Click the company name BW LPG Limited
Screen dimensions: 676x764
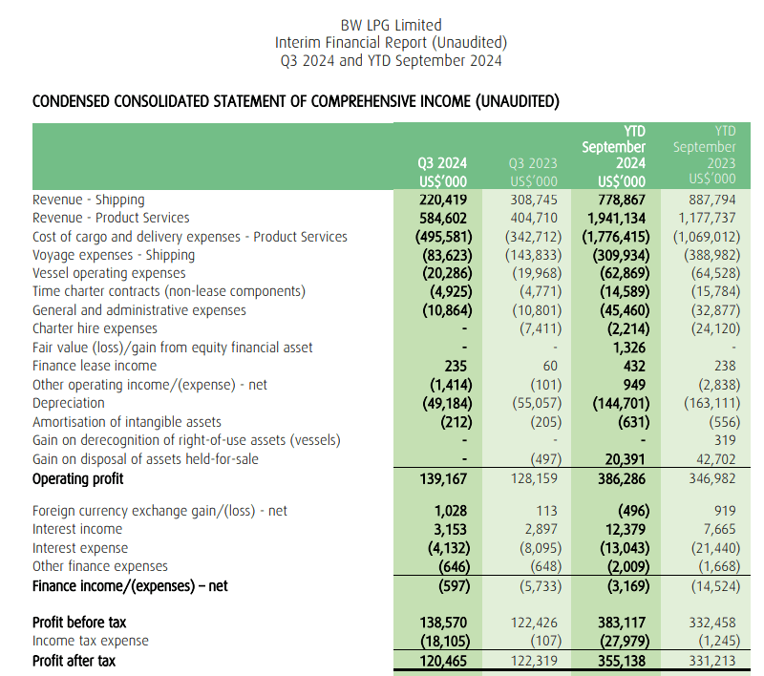(x=391, y=25)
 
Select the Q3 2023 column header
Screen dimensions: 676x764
(x=533, y=172)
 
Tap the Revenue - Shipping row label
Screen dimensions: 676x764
(x=89, y=200)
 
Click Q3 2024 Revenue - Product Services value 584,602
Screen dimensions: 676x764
(x=446, y=218)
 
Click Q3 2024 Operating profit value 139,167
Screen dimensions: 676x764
(x=446, y=478)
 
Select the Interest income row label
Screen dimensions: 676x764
(x=77, y=529)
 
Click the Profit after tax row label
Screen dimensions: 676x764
(x=74, y=660)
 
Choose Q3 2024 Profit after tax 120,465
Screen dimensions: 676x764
(x=446, y=660)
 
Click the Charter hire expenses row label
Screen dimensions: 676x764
(x=95, y=328)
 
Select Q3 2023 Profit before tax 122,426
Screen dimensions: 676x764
(x=534, y=623)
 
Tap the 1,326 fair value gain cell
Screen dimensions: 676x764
(x=628, y=348)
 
